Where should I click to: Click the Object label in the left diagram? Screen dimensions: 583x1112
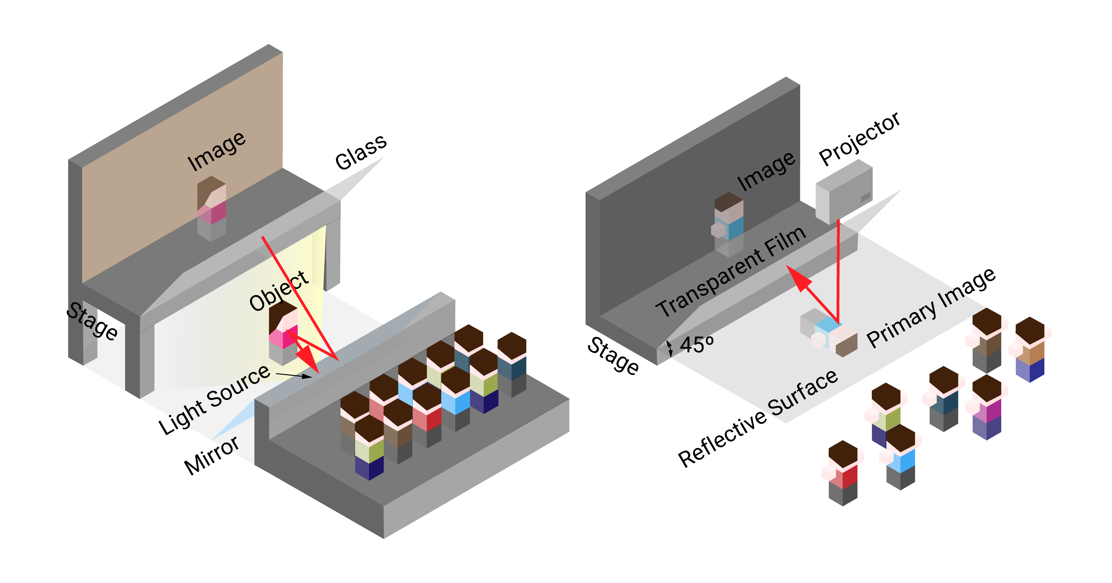coord(279,291)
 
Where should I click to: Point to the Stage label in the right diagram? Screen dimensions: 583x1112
coord(613,356)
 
